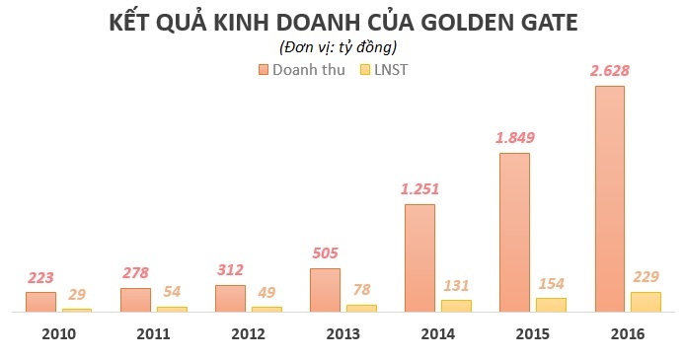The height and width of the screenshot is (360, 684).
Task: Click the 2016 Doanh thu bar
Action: [609, 198]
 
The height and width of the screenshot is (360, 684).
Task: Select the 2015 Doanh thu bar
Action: [514, 232]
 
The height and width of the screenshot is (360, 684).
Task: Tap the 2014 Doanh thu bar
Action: [419, 257]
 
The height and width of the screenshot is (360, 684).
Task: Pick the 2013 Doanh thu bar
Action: [325, 290]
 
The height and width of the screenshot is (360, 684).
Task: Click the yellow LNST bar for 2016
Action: [646, 302]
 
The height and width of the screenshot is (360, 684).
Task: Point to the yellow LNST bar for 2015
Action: [551, 305]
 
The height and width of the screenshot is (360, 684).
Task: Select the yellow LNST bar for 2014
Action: [456, 306]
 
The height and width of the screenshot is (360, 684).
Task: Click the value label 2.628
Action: [609, 70]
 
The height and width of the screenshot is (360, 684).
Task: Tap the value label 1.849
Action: [514, 137]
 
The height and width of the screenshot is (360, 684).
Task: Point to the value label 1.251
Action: [419, 188]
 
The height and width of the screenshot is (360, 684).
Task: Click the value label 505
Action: [325, 252]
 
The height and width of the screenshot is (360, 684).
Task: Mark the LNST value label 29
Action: [77, 294]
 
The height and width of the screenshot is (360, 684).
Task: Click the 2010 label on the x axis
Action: [59, 334]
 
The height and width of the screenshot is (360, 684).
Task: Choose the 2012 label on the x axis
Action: [249, 334]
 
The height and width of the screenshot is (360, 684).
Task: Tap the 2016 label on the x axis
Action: [627, 334]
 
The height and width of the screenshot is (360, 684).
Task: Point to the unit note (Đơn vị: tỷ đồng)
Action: [340, 45]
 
